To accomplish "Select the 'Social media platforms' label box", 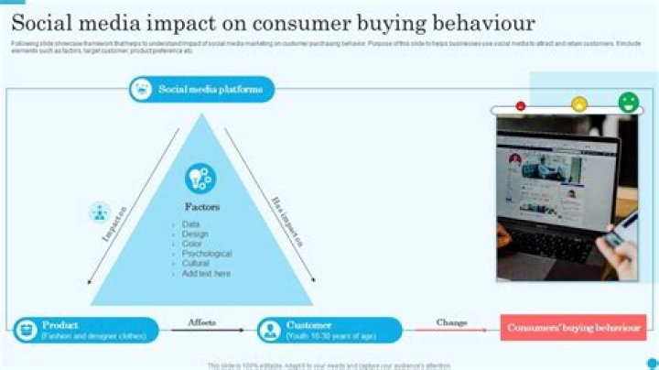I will click(201, 89).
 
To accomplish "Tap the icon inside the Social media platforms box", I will click(142, 89).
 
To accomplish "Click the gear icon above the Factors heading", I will click(200, 178).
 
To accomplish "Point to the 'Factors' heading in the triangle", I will click(201, 207).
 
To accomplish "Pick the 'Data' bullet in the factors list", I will click(190, 224).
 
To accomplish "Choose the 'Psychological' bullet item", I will click(206, 254).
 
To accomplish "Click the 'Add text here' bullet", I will click(206, 274).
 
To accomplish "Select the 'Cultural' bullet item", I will click(196, 264).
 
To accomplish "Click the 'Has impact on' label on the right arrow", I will click(286, 221).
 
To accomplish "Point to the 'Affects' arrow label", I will click(201, 322).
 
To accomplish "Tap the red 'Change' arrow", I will click(450, 331).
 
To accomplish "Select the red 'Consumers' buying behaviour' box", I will click(573, 327).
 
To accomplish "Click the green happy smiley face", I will click(628, 102).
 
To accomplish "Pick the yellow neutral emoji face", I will click(578, 104).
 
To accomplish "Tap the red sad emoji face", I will click(521, 106).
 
